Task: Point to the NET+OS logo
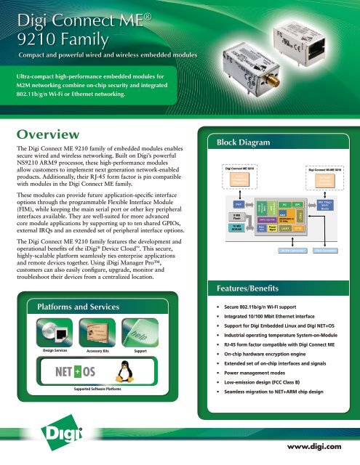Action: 65,378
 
